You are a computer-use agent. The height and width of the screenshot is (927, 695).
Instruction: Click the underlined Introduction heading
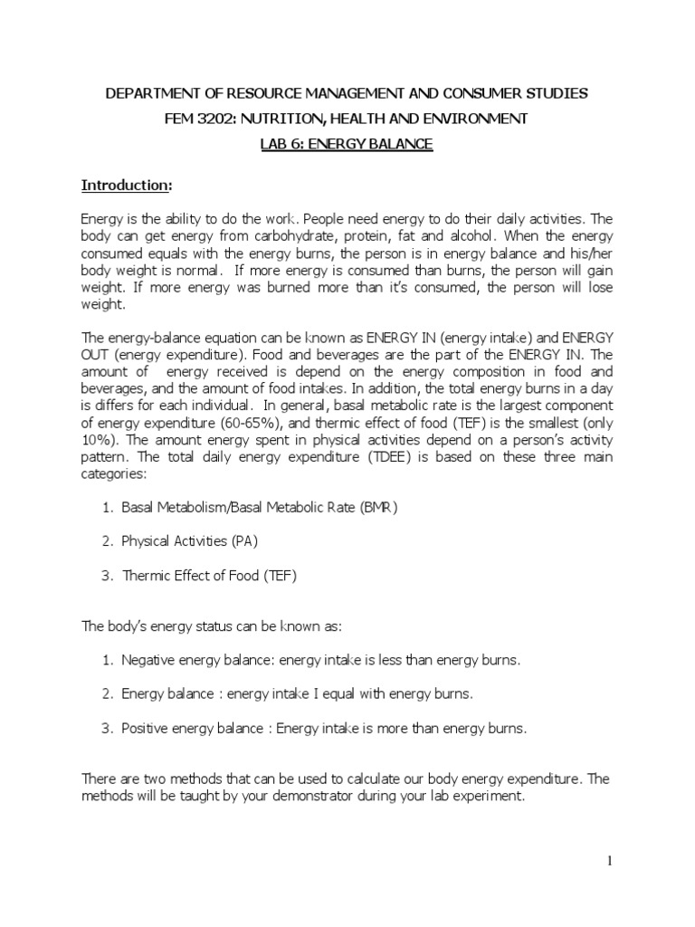[x=126, y=186]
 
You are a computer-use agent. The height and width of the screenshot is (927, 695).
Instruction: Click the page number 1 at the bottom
[x=609, y=861]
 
